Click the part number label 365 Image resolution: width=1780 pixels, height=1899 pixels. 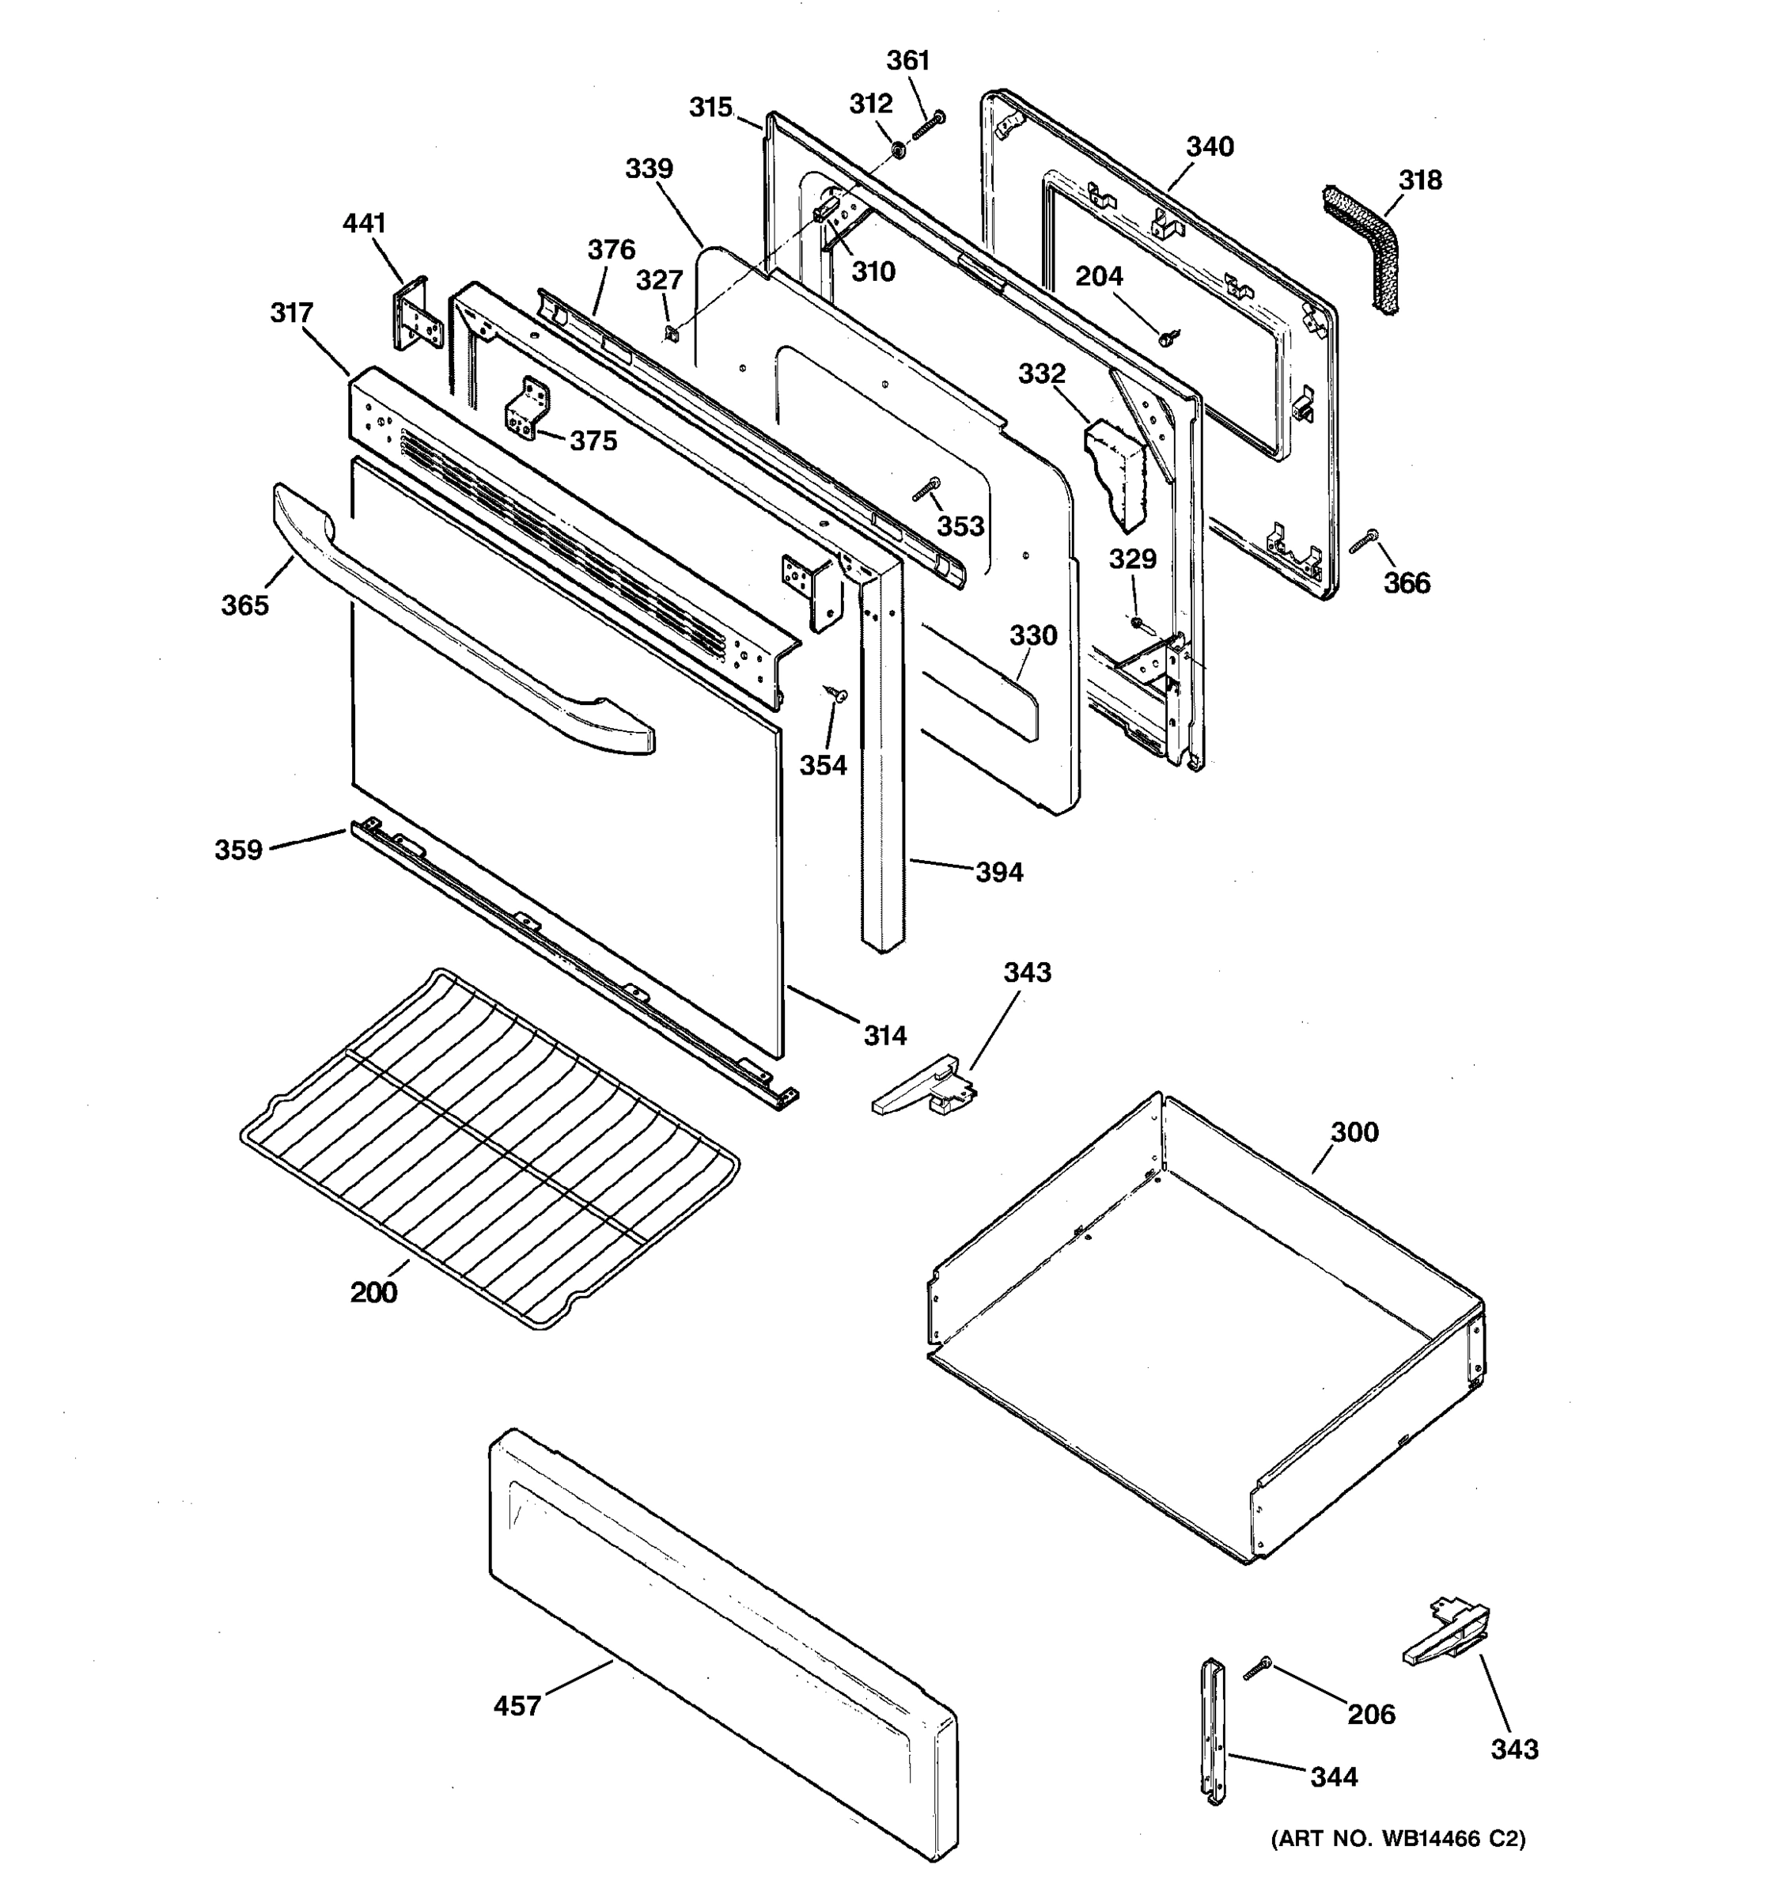[x=244, y=605]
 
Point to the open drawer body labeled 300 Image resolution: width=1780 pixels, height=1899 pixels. [x=1203, y=1337]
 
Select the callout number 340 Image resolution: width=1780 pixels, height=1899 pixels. [x=1209, y=147]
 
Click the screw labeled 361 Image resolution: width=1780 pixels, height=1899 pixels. [x=927, y=125]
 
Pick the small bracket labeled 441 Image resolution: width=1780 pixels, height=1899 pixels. [x=415, y=315]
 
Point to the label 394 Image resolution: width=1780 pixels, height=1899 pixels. [x=999, y=872]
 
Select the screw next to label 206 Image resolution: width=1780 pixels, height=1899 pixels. [x=1257, y=1669]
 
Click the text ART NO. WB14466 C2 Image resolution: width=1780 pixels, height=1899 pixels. [x=1397, y=1838]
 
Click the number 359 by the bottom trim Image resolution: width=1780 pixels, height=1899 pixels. [x=238, y=849]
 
